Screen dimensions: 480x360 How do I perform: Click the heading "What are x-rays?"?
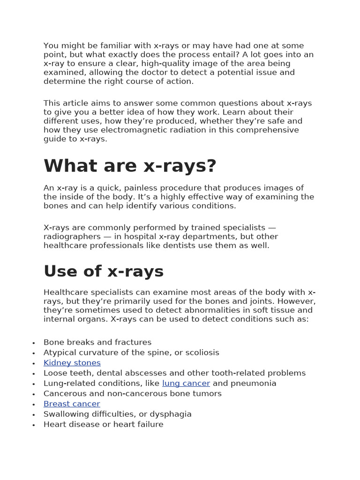130,166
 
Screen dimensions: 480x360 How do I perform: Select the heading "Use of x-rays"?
104,271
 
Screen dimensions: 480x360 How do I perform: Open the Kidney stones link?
72,363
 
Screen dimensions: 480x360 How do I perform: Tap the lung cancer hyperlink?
186,383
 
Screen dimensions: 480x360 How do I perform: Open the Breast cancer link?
72,404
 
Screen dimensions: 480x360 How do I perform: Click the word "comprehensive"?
269,130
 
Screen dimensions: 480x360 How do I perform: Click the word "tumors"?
207,394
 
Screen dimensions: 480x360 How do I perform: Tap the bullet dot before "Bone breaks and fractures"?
34,343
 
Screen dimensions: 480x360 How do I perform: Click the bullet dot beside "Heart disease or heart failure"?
34,425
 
